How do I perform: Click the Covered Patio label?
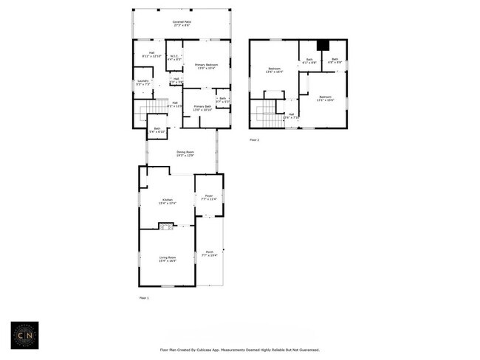[181, 24]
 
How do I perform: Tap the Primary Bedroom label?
[206, 66]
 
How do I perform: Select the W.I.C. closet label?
[174, 58]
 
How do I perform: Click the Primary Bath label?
[204, 108]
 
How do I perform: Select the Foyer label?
[208, 198]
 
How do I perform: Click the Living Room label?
[167, 259]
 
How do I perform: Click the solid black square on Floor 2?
[322, 46]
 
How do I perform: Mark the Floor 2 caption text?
[254, 139]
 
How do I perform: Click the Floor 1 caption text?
[144, 298]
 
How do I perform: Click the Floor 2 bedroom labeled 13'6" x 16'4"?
[273, 71]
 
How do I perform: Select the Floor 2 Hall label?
[291, 115]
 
